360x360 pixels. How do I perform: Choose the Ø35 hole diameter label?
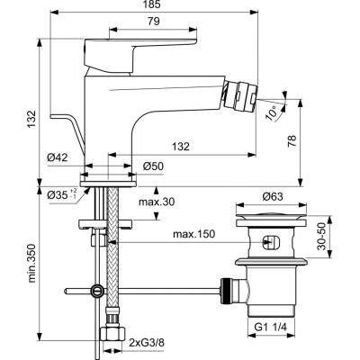(x=56, y=193)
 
